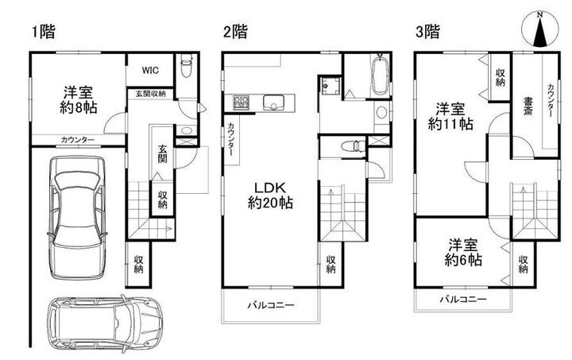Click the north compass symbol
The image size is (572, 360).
pyautogui.click(x=539, y=33)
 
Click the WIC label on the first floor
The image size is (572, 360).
pyautogui.click(x=149, y=70)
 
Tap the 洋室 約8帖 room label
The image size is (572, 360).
pyautogui.click(x=77, y=98)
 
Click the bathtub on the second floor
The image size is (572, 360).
pyautogui.click(x=381, y=77)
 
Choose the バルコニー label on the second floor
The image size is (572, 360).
pyautogui.click(x=269, y=305)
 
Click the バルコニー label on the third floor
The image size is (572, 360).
pyautogui.click(x=462, y=300)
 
